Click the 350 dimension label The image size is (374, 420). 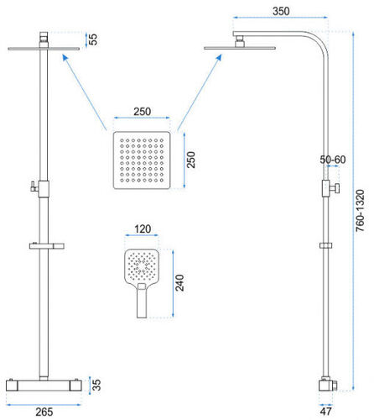pos(281,12)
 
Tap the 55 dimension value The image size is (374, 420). pos(93,39)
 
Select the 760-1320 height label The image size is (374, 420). pos(360,211)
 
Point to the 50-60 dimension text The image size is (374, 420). pos(333,160)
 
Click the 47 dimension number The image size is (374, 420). pos(326,412)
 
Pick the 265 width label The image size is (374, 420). pos(44,412)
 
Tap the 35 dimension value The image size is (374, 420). pos(96,385)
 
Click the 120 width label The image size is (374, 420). pos(143,229)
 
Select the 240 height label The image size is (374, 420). pos(179,283)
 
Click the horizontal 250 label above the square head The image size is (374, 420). pos(143,112)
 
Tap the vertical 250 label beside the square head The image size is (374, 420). pos(191,160)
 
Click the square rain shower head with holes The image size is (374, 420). pos(142,160)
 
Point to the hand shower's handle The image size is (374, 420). pos(142,301)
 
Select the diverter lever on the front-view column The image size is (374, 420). pos(34,186)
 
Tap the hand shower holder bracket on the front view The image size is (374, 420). pos(47,246)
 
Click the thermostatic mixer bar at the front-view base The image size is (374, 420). pos(44,385)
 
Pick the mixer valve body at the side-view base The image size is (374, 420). pos(328,385)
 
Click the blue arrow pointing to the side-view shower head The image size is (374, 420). pos(200,92)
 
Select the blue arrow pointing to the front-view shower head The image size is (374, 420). pos(85,92)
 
